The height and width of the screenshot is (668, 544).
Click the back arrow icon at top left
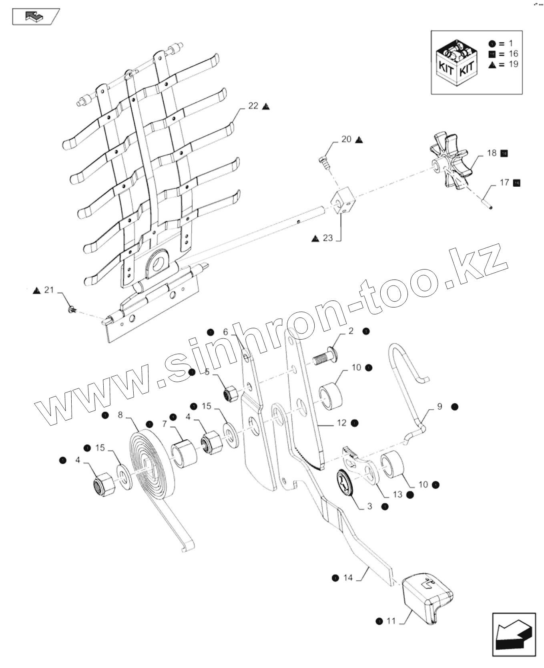(x=35, y=16)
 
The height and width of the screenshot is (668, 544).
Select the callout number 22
(x=253, y=106)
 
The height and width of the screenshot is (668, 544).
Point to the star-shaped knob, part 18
(x=451, y=163)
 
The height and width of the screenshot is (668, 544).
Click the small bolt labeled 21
(x=72, y=309)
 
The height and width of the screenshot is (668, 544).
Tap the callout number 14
(x=347, y=577)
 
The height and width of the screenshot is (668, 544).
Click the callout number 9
(x=440, y=406)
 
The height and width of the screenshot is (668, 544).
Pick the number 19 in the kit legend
(x=513, y=64)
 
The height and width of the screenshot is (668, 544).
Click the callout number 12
(x=341, y=423)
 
